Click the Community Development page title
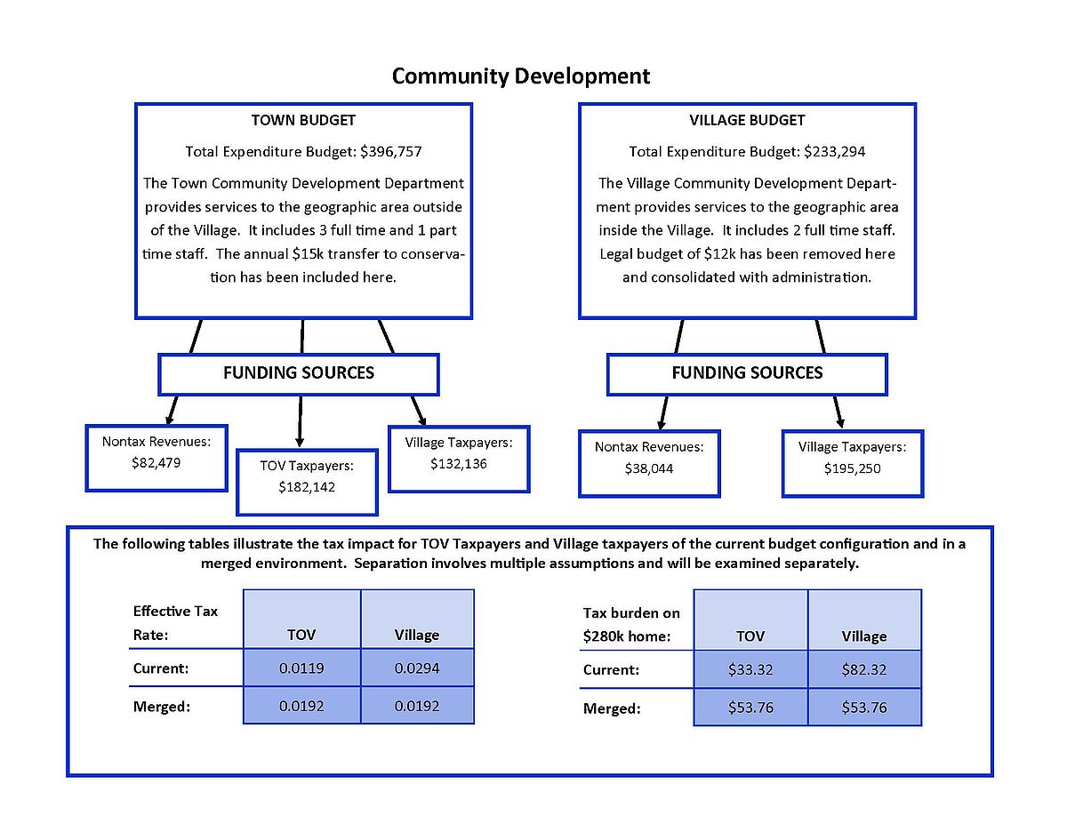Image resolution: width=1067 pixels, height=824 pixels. [x=520, y=76]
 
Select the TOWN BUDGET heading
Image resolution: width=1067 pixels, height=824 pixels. [x=303, y=120]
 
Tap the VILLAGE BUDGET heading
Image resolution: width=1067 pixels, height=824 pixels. [x=747, y=120]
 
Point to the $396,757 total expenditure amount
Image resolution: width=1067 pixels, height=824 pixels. [x=391, y=151]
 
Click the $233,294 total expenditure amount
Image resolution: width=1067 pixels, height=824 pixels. [x=834, y=151]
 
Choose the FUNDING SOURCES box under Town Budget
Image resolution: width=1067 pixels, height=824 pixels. [x=299, y=374]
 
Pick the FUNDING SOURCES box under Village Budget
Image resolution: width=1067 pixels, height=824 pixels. [x=747, y=374]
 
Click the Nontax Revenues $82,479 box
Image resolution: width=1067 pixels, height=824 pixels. [x=156, y=458]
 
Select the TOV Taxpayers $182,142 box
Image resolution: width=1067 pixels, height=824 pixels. [x=307, y=482]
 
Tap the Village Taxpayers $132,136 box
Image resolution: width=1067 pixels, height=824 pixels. [x=459, y=459]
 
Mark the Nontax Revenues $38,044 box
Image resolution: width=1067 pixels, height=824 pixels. [x=649, y=464]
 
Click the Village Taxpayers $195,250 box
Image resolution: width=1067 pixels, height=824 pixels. [x=853, y=464]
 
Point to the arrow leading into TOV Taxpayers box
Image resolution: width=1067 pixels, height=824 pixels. [x=300, y=421]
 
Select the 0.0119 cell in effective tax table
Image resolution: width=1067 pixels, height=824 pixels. [x=301, y=668]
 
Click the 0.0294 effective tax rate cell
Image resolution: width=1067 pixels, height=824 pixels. [x=417, y=668]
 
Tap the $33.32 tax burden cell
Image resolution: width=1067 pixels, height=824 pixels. [x=750, y=669]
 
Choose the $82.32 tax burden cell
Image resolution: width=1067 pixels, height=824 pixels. [x=864, y=669]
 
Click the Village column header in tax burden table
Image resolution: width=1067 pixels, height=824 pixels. [x=864, y=636]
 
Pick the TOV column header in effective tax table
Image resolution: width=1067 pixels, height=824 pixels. [x=301, y=635]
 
